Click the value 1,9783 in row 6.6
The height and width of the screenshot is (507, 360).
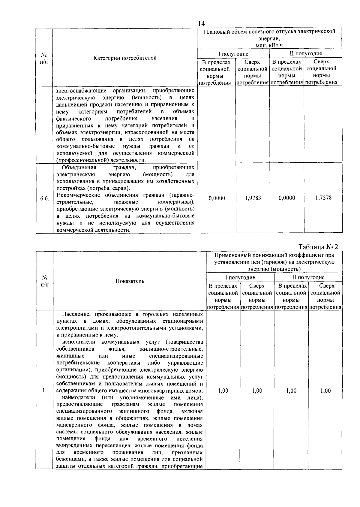coord(253,198)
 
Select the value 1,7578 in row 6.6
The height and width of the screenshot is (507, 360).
coord(323,198)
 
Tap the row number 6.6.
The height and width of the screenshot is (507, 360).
coord(44,199)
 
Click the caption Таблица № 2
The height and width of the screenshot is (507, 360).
coord(318,247)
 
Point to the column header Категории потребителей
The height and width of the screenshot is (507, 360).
coord(125,58)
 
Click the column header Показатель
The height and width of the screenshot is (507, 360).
coord(130,281)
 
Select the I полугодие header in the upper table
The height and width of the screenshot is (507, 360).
coord(233,54)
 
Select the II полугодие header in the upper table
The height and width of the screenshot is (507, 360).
coord(306,53)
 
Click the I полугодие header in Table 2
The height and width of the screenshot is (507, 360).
coord(240,277)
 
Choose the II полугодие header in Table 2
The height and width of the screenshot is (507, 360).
coord(308,277)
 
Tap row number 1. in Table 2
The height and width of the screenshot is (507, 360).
coord(44,391)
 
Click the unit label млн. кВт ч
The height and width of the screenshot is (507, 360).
coord(269,45)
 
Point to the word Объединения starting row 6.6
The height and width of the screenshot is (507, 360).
coord(79,167)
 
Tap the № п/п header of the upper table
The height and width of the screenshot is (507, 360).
coord(44,58)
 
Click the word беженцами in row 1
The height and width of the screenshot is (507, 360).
coord(69,459)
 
